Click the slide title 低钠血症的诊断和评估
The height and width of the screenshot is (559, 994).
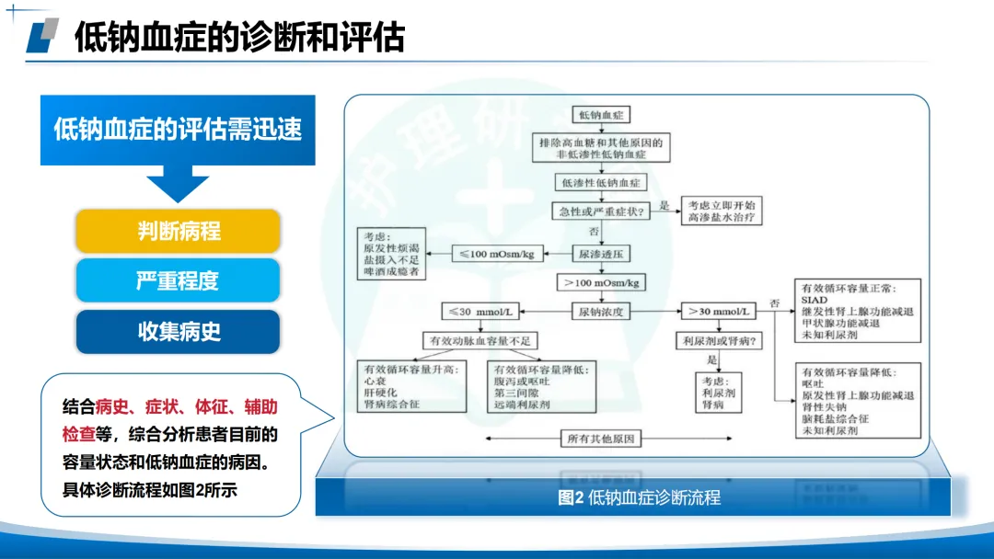239,38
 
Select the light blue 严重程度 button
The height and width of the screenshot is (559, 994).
178,280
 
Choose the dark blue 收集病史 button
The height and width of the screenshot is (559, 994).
178,331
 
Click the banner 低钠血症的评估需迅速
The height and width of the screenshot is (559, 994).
178,130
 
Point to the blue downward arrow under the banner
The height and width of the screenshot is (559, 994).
178,184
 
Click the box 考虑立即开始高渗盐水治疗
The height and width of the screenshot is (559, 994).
722,211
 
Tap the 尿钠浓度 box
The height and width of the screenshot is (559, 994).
601,312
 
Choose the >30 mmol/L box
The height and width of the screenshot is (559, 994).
717,312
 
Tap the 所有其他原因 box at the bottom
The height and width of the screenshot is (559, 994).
599,439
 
